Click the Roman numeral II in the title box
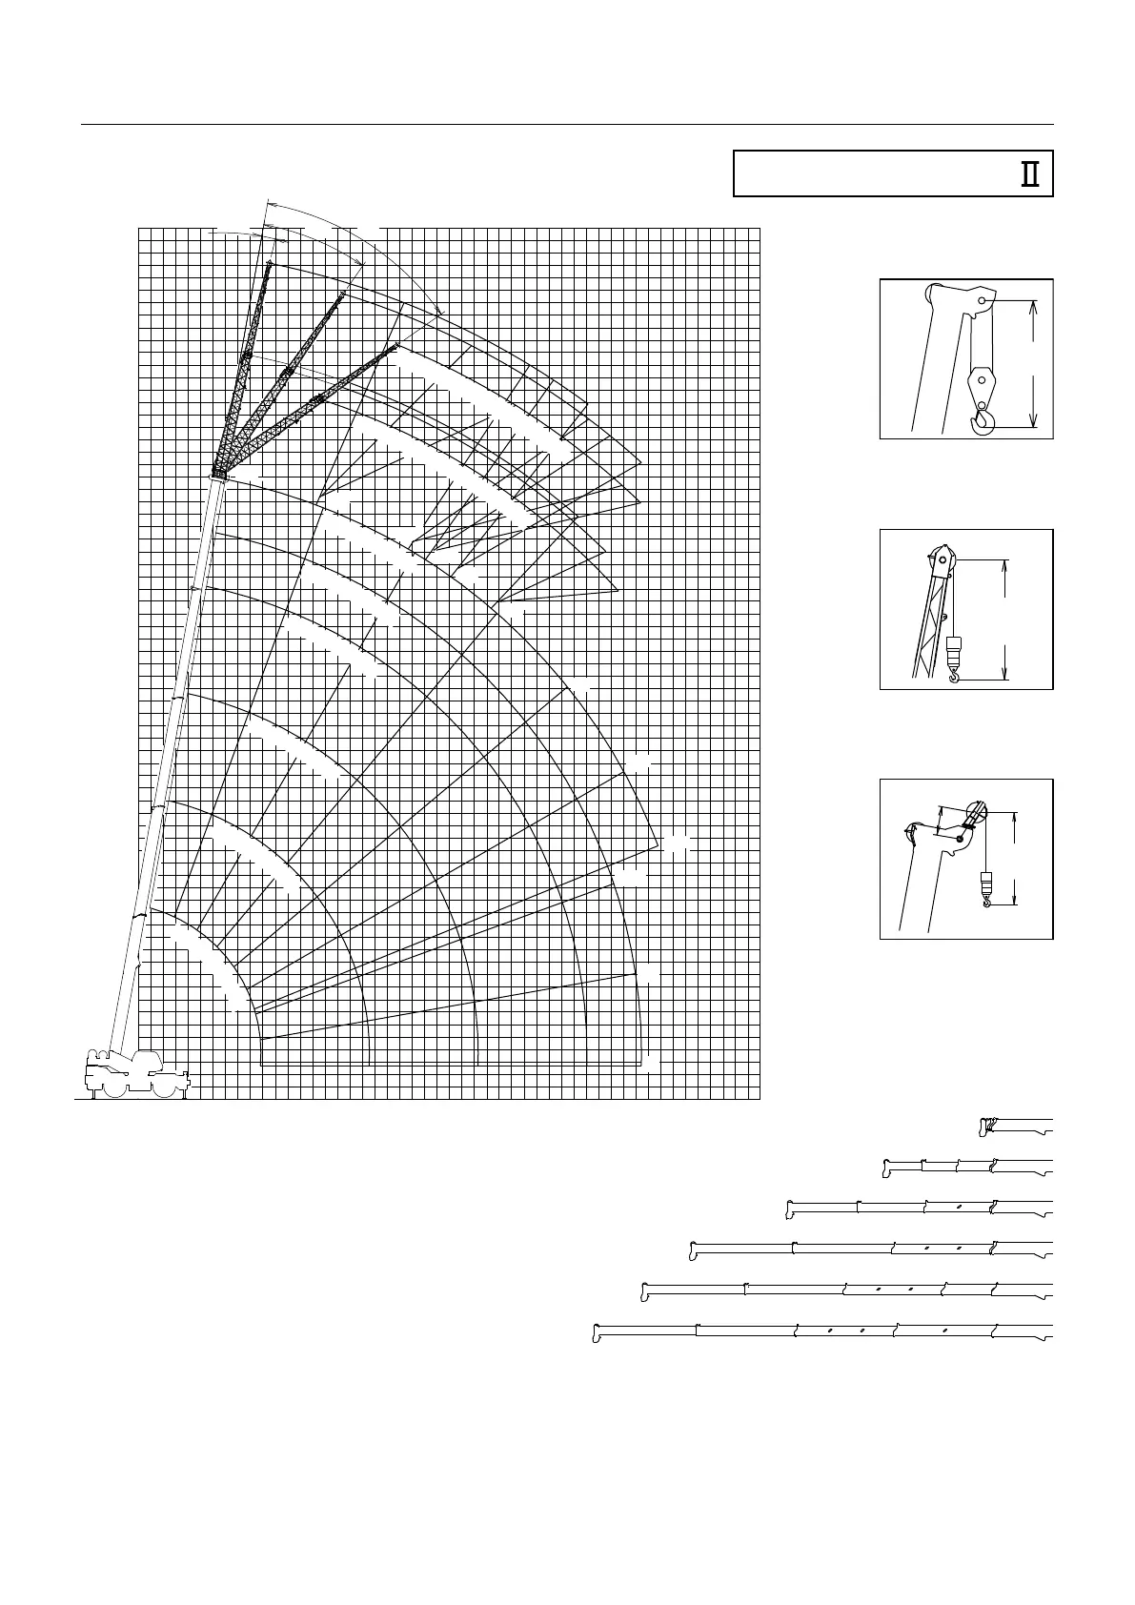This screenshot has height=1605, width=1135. [x=1029, y=174]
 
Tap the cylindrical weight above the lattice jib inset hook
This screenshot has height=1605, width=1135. [x=954, y=653]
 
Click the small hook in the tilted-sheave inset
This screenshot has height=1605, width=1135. [x=987, y=899]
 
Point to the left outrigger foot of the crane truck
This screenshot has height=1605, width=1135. [x=91, y=1097]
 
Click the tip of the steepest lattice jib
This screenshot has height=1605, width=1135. [x=270, y=262]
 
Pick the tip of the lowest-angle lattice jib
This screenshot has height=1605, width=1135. [x=395, y=348]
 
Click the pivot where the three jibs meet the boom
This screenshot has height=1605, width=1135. [x=218, y=473]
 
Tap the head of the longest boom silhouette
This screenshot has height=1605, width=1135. [x=597, y=1332]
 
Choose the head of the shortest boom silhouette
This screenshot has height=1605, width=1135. [x=984, y=1127]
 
